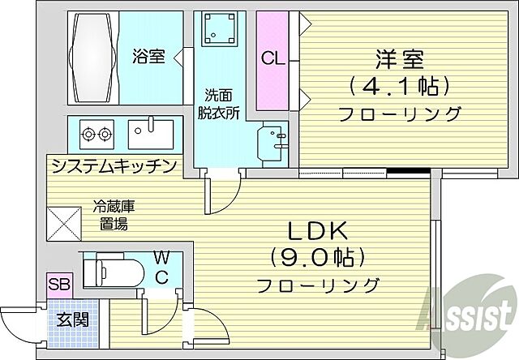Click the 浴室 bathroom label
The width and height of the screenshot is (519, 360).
coord(149,57)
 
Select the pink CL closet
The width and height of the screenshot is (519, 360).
coord(272,60)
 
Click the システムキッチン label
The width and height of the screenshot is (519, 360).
coord(114,166)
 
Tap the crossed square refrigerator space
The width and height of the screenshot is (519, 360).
coord(64,223)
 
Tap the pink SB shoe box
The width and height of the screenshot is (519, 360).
coord(58,285)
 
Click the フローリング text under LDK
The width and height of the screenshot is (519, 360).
coord(319,285)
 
